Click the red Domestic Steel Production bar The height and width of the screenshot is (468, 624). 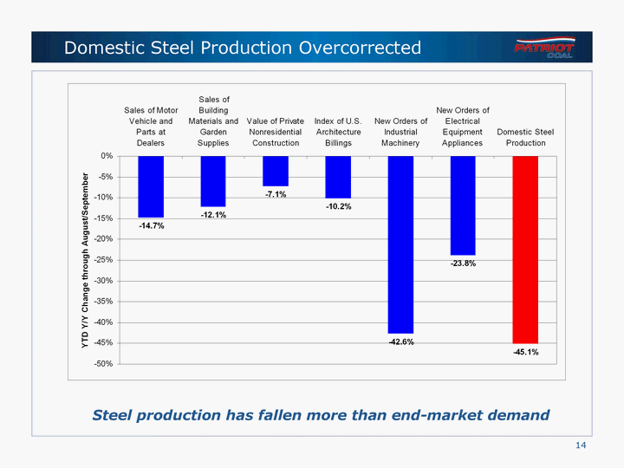pos(525,250)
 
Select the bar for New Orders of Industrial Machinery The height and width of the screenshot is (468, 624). pos(400,244)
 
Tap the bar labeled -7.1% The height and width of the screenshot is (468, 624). pos(276,171)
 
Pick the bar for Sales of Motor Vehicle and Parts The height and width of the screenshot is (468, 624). pos(151,186)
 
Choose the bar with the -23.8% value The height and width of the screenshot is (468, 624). pos(463,205)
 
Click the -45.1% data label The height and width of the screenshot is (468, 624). pos(525,352)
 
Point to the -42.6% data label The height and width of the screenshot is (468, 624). pos(400,341)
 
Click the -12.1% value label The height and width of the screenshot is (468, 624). pos(213,215)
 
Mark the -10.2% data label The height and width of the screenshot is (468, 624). pos(338,207)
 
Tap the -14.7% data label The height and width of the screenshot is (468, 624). pos(151,225)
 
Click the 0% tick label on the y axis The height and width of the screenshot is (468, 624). pos(106,156)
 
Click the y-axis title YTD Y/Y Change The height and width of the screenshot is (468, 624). pos(85,259)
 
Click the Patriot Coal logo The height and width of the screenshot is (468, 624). pos(543,47)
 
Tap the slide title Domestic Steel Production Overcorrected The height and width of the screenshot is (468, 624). pos(243,48)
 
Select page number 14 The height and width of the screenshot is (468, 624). pos(581,445)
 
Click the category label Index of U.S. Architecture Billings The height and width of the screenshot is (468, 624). pos(338,132)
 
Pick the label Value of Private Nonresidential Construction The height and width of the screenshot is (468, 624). pos(276,132)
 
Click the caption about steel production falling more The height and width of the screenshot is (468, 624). pos(321,415)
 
